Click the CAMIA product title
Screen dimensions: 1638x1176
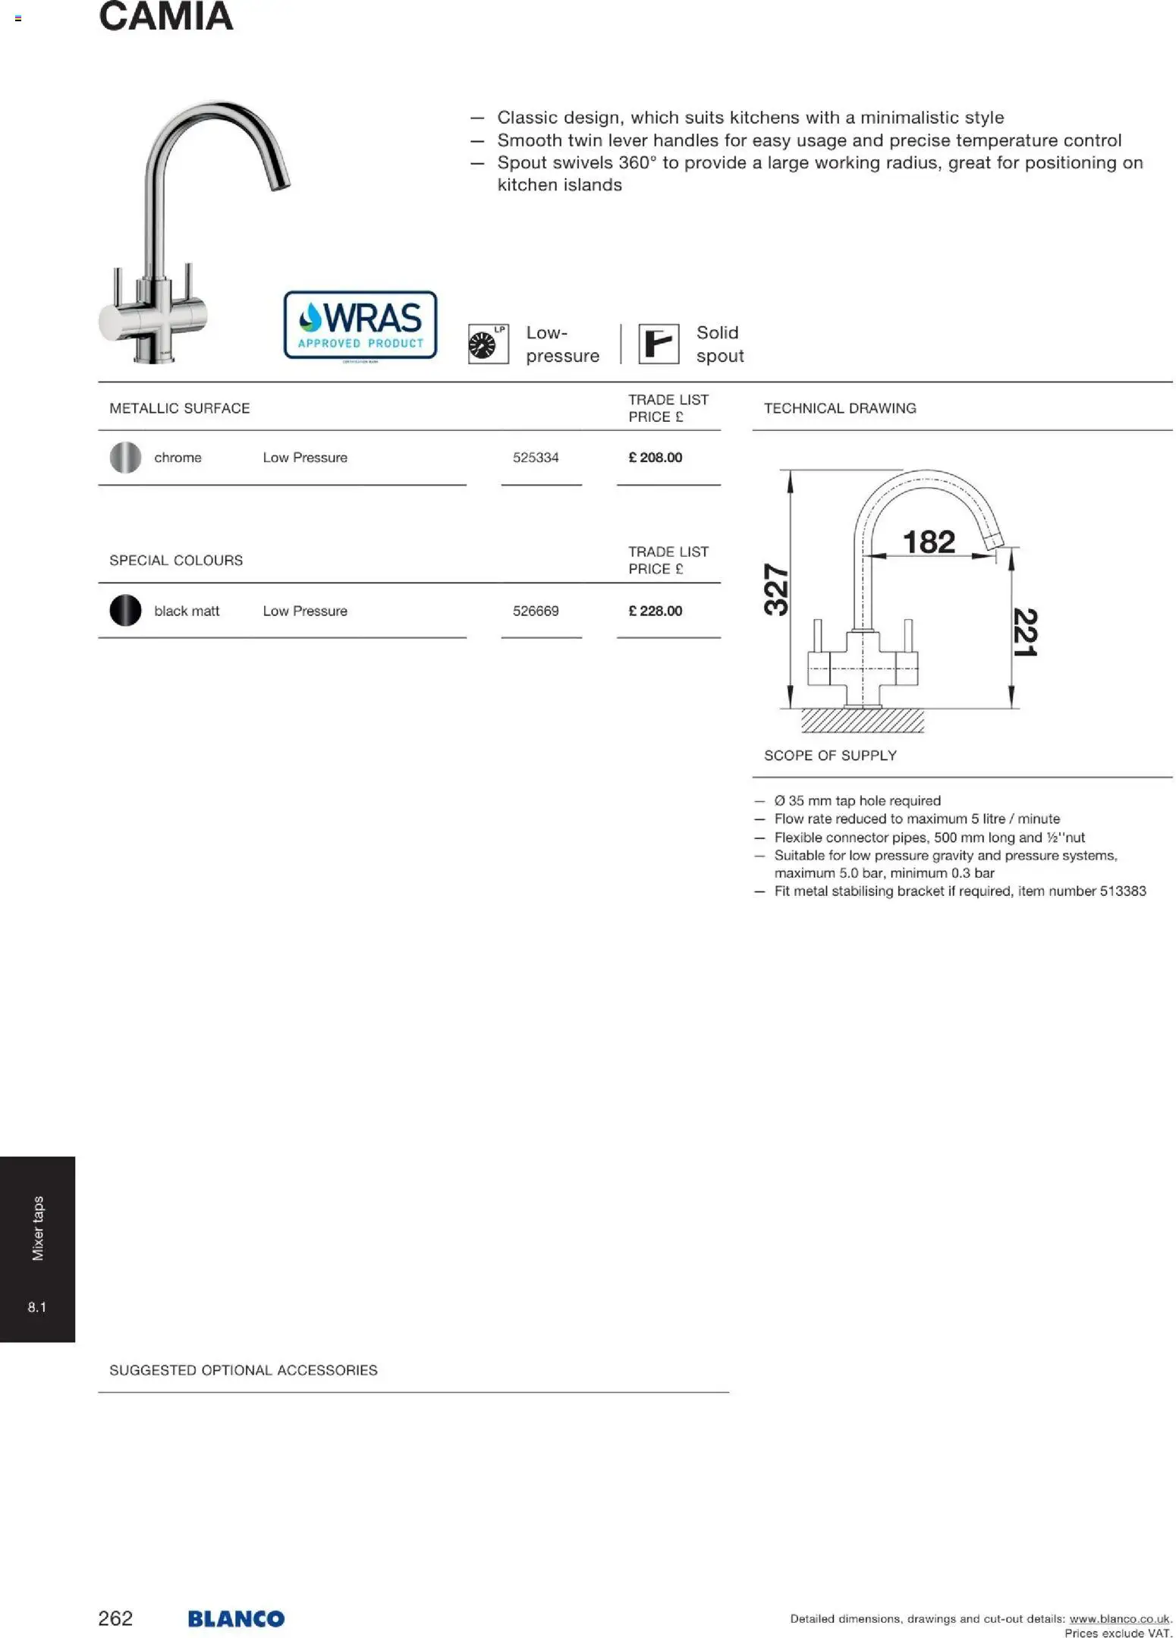coord(165,17)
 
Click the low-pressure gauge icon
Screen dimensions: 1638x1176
coord(488,344)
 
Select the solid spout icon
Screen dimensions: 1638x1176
coord(658,344)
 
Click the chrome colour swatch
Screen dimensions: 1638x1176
coord(125,457)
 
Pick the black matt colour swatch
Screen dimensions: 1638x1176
coord(125,611)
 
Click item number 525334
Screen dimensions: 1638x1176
coord(535,457)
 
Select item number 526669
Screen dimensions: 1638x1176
coord(535,611)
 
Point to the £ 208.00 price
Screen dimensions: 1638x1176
coord(655,457)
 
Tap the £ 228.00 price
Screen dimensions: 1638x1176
coord(655,611)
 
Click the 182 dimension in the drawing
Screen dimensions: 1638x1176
coord(929,542)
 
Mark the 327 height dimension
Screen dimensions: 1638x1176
coord(776,589)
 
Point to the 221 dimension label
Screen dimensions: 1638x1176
coord(1024,632)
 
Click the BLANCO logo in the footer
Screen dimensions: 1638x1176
coord(236,1618)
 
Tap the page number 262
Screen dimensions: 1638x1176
coord(115,1618)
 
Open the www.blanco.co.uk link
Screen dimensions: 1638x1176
coord(1119,1618)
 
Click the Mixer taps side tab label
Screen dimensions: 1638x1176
coord(38,1228)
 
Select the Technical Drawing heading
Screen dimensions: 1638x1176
coord(839,408)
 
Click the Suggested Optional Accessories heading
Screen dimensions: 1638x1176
coord(243,1370)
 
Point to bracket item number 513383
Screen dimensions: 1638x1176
coord(1122,891)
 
